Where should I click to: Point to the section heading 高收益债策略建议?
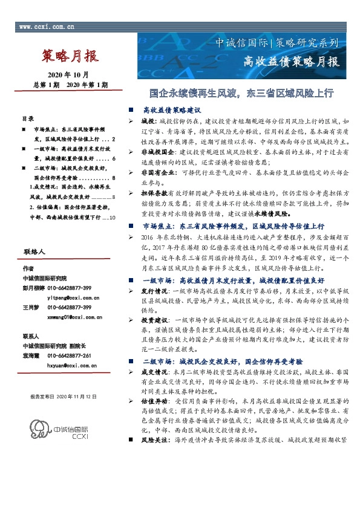(x=171, y=111)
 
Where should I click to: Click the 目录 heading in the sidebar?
(x=28, y=119)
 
